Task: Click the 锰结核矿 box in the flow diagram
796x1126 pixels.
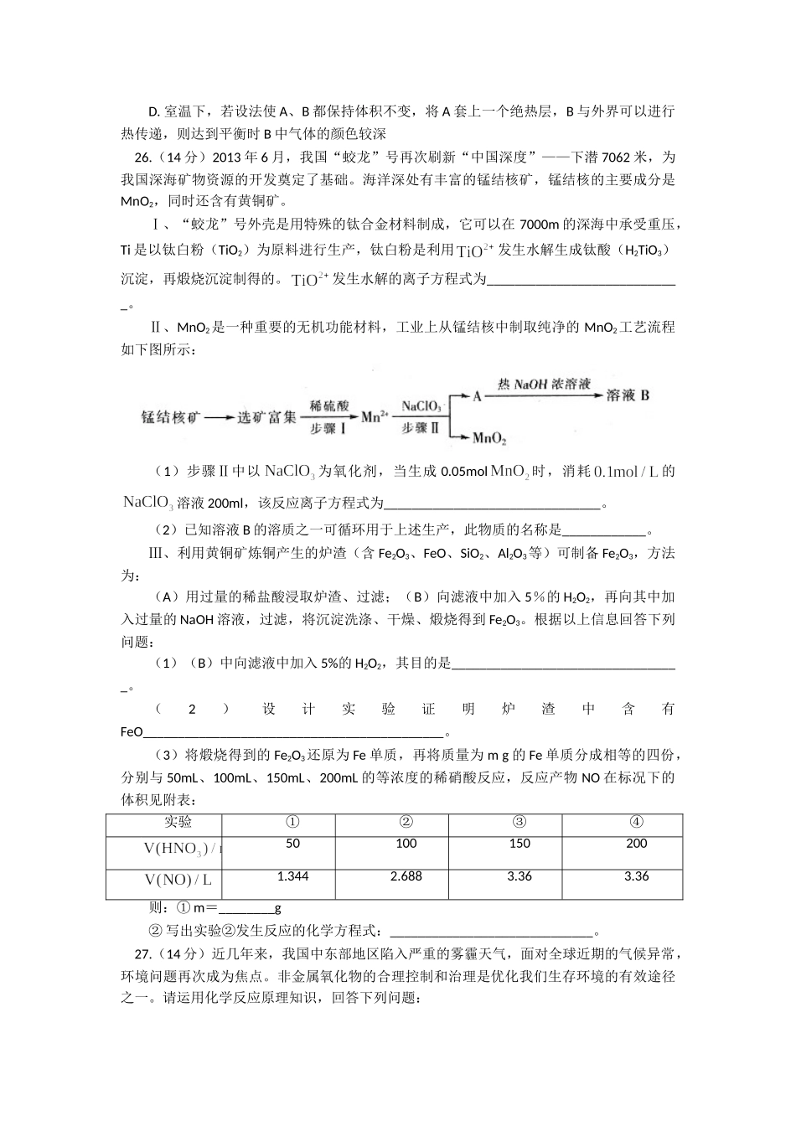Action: click(x=172, y=417)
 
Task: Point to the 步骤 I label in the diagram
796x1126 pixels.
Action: click(x=328, y=429)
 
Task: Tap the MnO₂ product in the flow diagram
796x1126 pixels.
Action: click(x=488, y=437)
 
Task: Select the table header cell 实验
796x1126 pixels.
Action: click(x=178, y=822)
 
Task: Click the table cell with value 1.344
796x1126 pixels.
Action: click(x=292, y=876)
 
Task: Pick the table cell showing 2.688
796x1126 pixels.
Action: click(x=406, y=876)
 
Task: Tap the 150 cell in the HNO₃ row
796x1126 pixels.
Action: click(x=519, y=844)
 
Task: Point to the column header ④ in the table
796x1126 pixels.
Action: click(x=636, y=822)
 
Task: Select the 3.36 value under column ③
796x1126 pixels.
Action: click(x=519, y=876)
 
